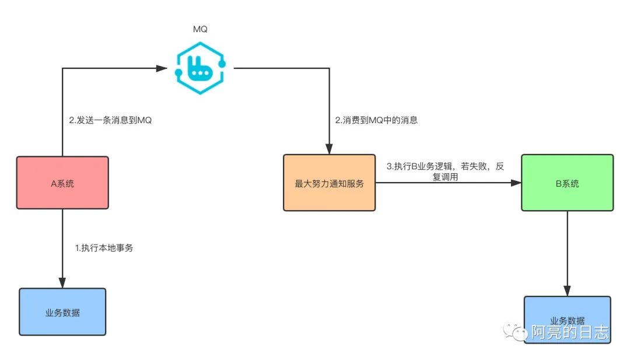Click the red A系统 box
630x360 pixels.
(62, 183)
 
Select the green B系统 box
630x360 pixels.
(567, 183)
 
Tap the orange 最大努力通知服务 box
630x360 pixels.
(329, 183)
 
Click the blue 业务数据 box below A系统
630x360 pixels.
(62, 312)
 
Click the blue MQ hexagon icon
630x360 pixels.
(201, 68)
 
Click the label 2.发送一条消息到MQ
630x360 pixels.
(110, 121)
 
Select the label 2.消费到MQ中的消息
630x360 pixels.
(376, 121)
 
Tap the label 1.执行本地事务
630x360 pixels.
(104, 248)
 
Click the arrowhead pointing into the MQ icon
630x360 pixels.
(163, 68)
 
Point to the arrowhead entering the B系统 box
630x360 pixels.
(515, 183)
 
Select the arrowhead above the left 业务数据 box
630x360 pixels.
(62, 282)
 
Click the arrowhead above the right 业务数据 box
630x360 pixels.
(567, 291)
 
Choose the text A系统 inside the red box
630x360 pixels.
(62, 183)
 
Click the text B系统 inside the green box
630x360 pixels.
(567, 183)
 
